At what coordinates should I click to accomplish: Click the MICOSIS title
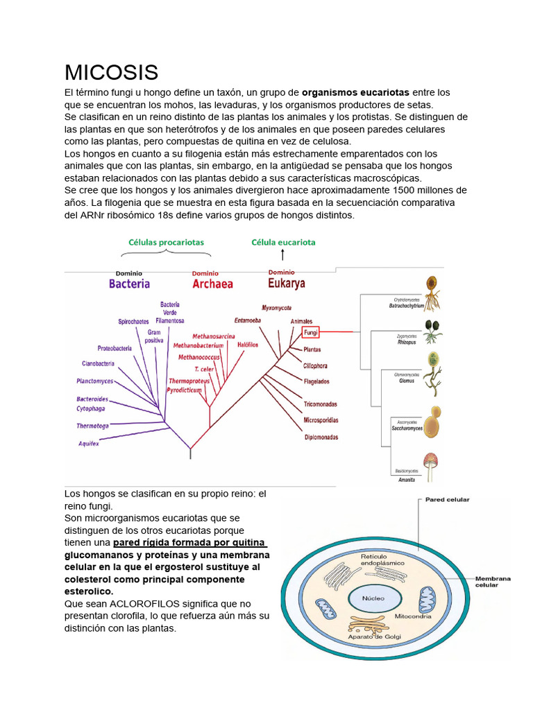pos(111,72)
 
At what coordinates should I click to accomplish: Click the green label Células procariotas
pos(166,242)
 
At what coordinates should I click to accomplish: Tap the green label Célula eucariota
pos(283,242)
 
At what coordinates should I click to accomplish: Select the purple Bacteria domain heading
pos(129,283)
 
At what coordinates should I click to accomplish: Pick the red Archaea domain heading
pos(212,283)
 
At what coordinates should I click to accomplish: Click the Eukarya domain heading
pos(286,282)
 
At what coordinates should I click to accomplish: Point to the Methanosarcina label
pos(214,336)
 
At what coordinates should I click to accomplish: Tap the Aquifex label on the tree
pos(89,444)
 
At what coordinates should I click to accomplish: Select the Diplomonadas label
pos(321,438)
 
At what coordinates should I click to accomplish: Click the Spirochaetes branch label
pos(133,322)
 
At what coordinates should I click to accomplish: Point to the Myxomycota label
pos(276,307)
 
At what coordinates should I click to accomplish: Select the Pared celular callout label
pos(447,499)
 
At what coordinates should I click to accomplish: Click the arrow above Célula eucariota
pos(283,254)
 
